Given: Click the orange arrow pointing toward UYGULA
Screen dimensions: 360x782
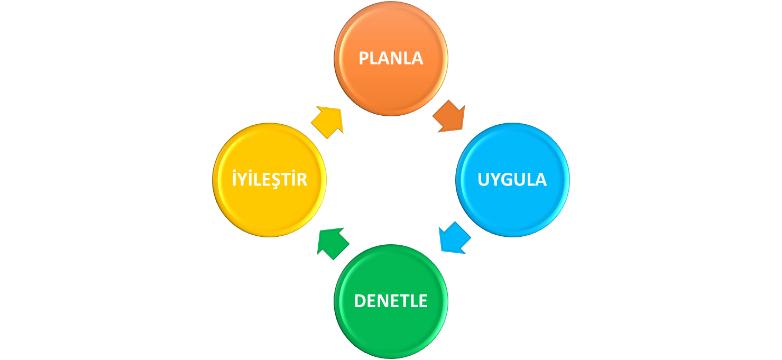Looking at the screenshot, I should pyautogui.click(x=449, y=117).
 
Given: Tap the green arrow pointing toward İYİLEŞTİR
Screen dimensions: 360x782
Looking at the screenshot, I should pyautogui.click(x=333, y=243).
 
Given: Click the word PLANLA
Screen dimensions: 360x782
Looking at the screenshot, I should pyautogui.click(x=391, y=58).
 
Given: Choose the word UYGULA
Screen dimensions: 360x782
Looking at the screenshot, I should pyautogui.click(x=512, y=180).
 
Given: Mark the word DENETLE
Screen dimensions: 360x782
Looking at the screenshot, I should pyautogui.click(x=391, y=301).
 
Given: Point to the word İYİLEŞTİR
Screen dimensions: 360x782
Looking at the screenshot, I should pyautogui.click(x=269, y=179).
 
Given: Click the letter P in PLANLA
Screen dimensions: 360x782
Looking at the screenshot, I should pyautogui.click(x=364, y=58).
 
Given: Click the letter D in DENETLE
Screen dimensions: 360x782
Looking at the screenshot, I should pyautogui.click(x=360, y=301).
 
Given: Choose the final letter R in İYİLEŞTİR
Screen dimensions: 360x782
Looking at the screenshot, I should pyautogui.click(x=302, y=180).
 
